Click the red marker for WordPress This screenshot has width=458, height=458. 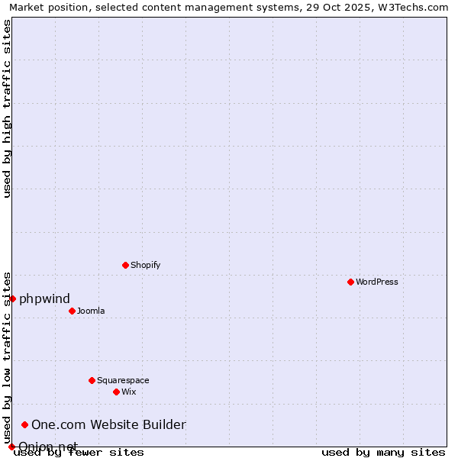coord(350,282)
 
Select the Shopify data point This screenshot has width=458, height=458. coord(125,265)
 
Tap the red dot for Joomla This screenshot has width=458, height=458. coord(72,311)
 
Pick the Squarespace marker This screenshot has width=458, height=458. coord(92,380)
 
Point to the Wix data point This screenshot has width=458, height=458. coord(116,392)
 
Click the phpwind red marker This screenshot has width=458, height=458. coord(12,298)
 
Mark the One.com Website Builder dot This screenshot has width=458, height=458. coord(24,424)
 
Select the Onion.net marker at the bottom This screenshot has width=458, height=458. coord(11,447)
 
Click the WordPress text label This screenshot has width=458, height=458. coord(377,282)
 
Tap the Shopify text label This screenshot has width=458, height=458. coord(145,265)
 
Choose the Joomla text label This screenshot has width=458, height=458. coord(91,311)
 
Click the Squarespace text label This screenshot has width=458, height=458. coord(123,380)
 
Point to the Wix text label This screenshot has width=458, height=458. coord(128,392)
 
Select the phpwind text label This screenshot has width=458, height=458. coord(44,298)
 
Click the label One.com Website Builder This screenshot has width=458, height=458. coord(108,424)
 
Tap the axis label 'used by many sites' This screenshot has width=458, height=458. coord(383,453)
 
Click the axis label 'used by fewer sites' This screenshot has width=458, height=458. coord(79,453)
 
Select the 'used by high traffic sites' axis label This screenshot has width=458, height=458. coord(7,108)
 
